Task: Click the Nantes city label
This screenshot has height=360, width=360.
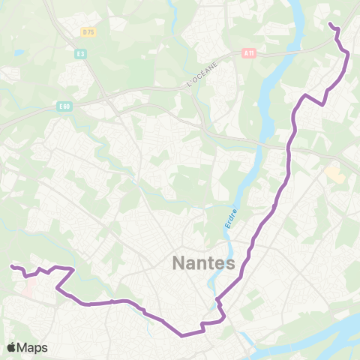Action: (x=204, y=264)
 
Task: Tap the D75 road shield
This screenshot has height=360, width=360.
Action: (x=89, y=31)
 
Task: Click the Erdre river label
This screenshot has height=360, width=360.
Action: (x=230, y=217)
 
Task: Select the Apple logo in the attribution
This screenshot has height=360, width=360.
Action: (x=11, y=347)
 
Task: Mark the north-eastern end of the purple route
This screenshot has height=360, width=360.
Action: (x=331, y=25)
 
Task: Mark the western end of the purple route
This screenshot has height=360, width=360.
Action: (x=11, y=266)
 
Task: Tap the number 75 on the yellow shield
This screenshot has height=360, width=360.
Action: (x=91, y=31)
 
